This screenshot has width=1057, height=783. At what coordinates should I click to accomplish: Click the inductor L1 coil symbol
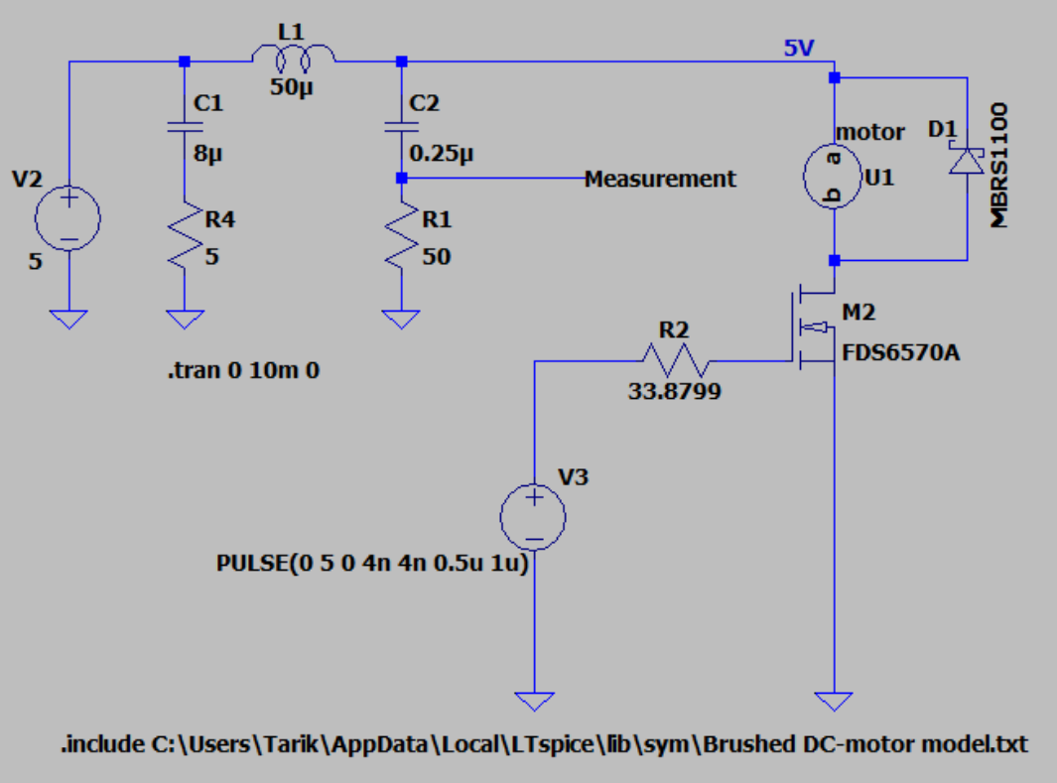coord(293,60)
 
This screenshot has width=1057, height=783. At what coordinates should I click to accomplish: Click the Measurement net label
coord(660,179)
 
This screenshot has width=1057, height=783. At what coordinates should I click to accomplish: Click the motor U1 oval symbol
coord(835,177)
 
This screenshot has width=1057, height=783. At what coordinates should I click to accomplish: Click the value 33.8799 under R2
coord(674,391)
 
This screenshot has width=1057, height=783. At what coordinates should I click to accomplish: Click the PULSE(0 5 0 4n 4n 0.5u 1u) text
coord(371,563)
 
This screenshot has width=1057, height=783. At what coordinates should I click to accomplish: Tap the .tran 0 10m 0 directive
coord(243,372)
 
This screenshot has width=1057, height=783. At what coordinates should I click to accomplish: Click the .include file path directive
coord(544,743)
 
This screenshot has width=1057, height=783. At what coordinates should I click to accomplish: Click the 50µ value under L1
coord(293,86)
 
